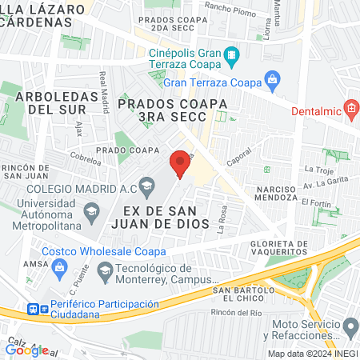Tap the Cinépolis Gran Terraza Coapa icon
pos(231,55)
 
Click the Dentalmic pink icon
pos(350,108)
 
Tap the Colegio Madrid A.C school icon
pos(146,188)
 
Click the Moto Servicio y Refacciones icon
pos(350,326)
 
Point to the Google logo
pos(26,350)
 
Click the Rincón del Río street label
pos(237,312)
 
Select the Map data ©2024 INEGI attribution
pos(312,354)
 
